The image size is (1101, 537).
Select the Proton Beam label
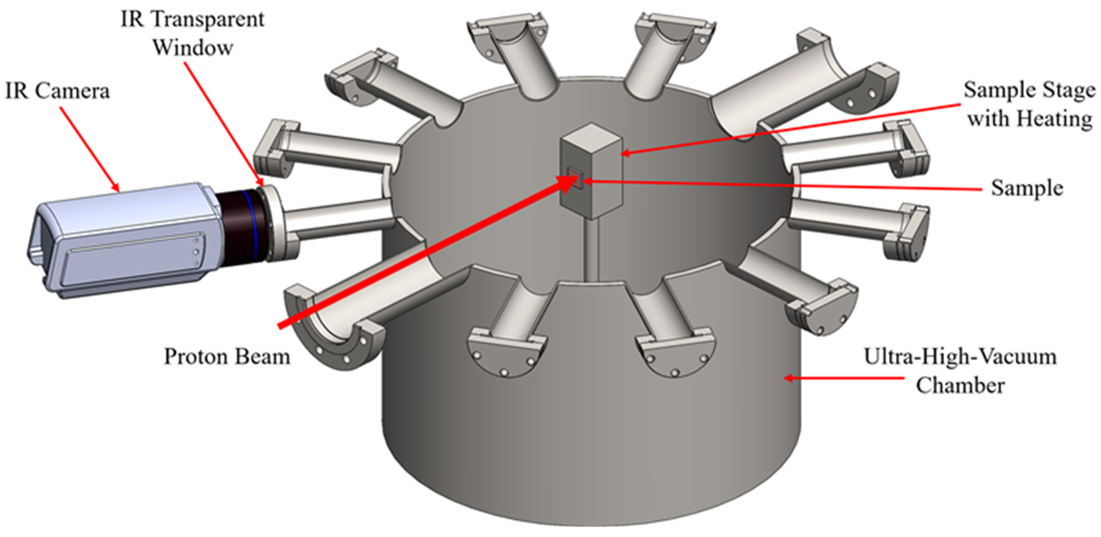point(227,356)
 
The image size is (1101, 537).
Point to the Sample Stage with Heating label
point(1029,104)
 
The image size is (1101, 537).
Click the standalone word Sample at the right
point(1027,188)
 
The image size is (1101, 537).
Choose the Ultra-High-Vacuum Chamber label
point(960,371)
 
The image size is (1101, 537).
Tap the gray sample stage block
point(592,171)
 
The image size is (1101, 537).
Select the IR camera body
point(124,239)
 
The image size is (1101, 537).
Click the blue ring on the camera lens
point(251,225)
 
